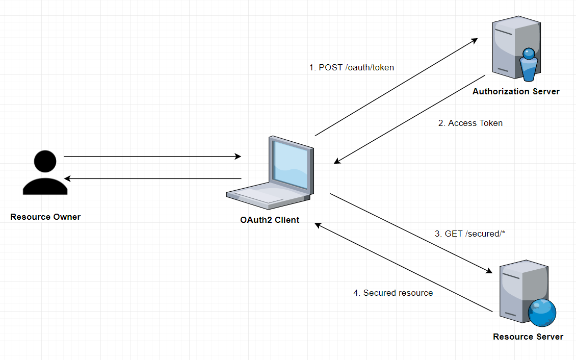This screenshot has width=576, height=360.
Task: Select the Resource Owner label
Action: point(45,217)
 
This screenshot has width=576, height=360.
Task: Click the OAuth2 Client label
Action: point(270,220)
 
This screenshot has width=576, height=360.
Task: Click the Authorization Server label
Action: point(516,92)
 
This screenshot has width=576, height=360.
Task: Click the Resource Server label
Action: point(528,337)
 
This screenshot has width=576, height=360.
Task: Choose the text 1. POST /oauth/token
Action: point(351,67)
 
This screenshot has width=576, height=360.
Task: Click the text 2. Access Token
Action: point(470,123)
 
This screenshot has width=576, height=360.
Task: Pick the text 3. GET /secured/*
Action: point(469,234)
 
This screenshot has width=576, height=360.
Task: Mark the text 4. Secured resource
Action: point(393,293)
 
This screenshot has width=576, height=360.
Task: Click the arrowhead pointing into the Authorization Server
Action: point(474,40)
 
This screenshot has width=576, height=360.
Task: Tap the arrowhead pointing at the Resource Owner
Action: point(68,178)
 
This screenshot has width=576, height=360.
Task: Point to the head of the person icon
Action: point(45,161)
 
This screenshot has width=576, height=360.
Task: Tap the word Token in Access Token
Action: point(490,123)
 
